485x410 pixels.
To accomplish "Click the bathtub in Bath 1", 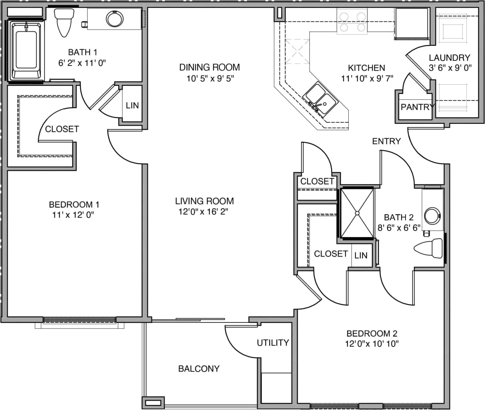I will click(x=26, y=51).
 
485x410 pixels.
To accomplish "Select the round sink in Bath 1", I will click(x=115, y=18).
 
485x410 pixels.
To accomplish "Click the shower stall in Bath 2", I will click(x=357, y=213).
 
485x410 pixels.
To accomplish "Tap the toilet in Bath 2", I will click(x=429, y=249).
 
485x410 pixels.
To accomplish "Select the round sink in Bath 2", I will click(x=432, y=215).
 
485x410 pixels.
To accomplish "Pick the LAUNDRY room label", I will click(x=449, y=58).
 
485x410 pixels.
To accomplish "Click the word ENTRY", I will click(x=386, y=141).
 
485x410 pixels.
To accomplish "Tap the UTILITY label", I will click(x=272, y=342).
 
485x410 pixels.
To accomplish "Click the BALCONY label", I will click(x=199, y=368).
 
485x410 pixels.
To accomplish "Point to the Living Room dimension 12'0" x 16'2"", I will click(x=204, y=211).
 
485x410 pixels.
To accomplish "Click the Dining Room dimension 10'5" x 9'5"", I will click(x=209, y=78).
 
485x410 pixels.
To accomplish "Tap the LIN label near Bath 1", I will click(x=132, y=105).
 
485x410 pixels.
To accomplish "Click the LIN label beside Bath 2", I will click(x=361, y=255).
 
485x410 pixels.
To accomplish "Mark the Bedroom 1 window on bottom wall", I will click(x=79, y=320).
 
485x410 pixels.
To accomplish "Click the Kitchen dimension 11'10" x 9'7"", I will click(x=366, y=78).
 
